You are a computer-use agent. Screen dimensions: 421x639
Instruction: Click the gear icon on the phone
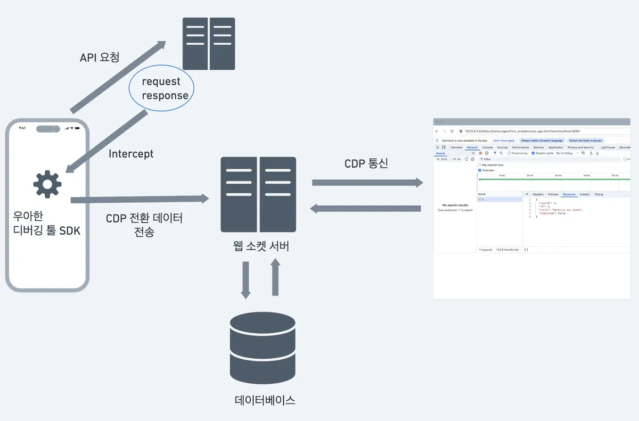(47, 185)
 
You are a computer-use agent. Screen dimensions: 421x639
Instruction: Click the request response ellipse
(161, 88)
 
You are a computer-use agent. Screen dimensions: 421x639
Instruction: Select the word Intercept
(131, 154)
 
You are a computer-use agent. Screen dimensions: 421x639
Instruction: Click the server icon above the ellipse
(209, 44)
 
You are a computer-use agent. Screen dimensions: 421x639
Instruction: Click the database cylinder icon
(263, 344)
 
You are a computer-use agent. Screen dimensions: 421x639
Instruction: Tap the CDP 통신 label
(366, 163)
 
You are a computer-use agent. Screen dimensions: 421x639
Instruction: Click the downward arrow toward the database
(246, 279)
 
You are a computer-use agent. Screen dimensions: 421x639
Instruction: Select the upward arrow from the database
(275, 277)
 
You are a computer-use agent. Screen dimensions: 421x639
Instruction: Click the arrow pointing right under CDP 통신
(367, 183)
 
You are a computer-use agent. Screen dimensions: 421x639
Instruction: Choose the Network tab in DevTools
(472, 147)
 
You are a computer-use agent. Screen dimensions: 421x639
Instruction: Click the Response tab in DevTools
(569, 194)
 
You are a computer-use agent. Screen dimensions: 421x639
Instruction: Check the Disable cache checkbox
(534, 153)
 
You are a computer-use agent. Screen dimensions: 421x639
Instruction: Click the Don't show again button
(504, 141)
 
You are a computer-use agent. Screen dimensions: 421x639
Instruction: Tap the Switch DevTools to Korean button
(586, 141)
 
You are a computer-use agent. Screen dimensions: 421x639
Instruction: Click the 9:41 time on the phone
(22, 128)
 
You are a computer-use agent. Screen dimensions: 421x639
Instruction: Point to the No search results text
(455, 205)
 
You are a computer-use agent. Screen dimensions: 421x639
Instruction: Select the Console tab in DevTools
(487, 147)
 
